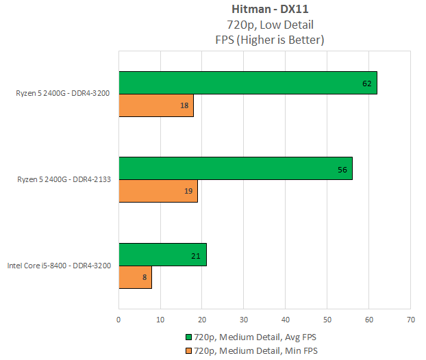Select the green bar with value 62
click(x=247, y=83)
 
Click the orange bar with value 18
click(x=156, y=105)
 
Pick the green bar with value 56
click(x=235, y=168)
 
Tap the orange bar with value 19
click(x=158, y=191)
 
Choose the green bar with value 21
click(x=162, y=255)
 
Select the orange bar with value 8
click(x=135, y=277)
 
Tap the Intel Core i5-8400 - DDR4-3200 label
click(x=59, y=266)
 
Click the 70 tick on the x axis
click(x=410, y=319)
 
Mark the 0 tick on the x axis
click(x=119, y=319)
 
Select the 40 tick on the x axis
click(x=286, y=319)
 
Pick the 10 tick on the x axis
click(x=161, y=319)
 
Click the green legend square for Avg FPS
click(x=189, y=337)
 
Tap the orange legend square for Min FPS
click(x=189, y=350)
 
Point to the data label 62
click(x=366, y=83)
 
